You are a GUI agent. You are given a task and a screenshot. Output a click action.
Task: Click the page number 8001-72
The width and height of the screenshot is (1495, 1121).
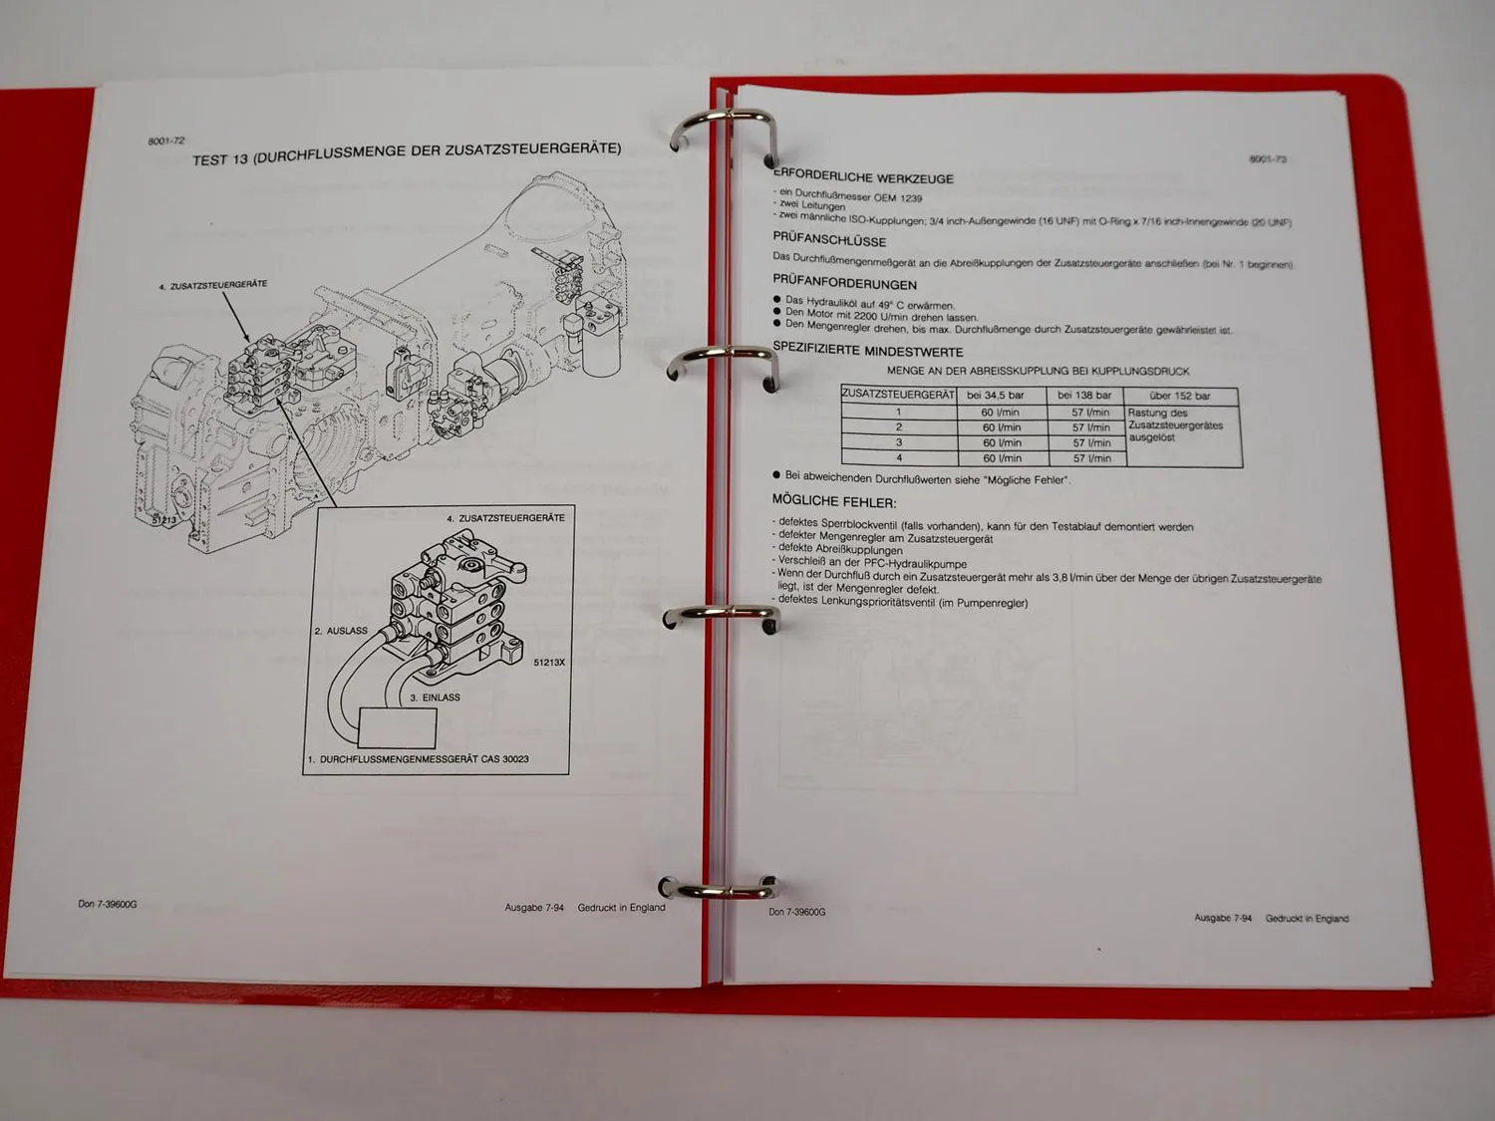coord(166,141)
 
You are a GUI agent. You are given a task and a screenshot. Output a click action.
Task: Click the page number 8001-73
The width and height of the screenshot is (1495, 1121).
coord(1268,159)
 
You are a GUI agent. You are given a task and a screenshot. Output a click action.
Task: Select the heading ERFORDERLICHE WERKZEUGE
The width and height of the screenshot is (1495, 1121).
coord(864,177)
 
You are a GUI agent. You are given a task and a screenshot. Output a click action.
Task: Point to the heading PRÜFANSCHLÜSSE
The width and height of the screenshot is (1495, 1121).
coord(829,240)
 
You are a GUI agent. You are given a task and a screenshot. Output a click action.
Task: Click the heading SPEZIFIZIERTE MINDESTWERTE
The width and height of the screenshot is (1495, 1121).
coord(868,351)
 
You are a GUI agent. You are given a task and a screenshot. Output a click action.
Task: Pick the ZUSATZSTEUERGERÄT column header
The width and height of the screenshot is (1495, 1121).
coord(898,395)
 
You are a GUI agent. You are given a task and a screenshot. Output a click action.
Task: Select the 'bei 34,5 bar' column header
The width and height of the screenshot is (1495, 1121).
coord(995,396)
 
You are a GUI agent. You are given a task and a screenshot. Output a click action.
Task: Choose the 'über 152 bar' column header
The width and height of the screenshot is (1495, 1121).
coord(1180,396)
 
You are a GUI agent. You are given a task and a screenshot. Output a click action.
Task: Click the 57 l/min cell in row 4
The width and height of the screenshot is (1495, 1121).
coord(1091,458)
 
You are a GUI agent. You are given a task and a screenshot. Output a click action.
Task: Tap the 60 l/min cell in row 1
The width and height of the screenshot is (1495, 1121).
coord(1000,412)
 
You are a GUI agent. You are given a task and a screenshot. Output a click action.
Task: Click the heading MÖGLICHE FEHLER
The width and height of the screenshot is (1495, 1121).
coord(834,501)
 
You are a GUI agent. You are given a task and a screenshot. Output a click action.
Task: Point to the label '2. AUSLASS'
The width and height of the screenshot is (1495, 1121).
coord(341,631)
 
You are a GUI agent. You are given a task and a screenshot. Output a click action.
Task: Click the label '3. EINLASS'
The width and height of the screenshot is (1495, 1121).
coord(436,698)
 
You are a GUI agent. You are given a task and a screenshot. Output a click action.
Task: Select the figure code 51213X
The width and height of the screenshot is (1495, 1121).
coord(549,663)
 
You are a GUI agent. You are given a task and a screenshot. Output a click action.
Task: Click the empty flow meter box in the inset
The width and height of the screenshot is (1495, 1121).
coord(397,726)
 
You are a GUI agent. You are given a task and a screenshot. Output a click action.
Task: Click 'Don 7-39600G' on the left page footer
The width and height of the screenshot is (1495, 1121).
coord(108,905)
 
